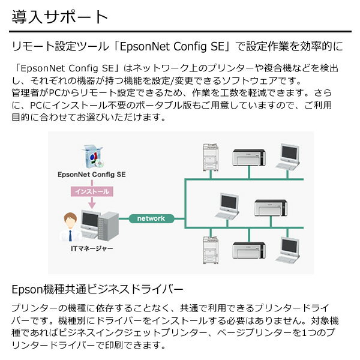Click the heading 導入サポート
59,16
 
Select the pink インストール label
91,191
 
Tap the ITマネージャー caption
91,247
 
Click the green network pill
151,218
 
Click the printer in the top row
249,157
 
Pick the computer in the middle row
229,205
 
